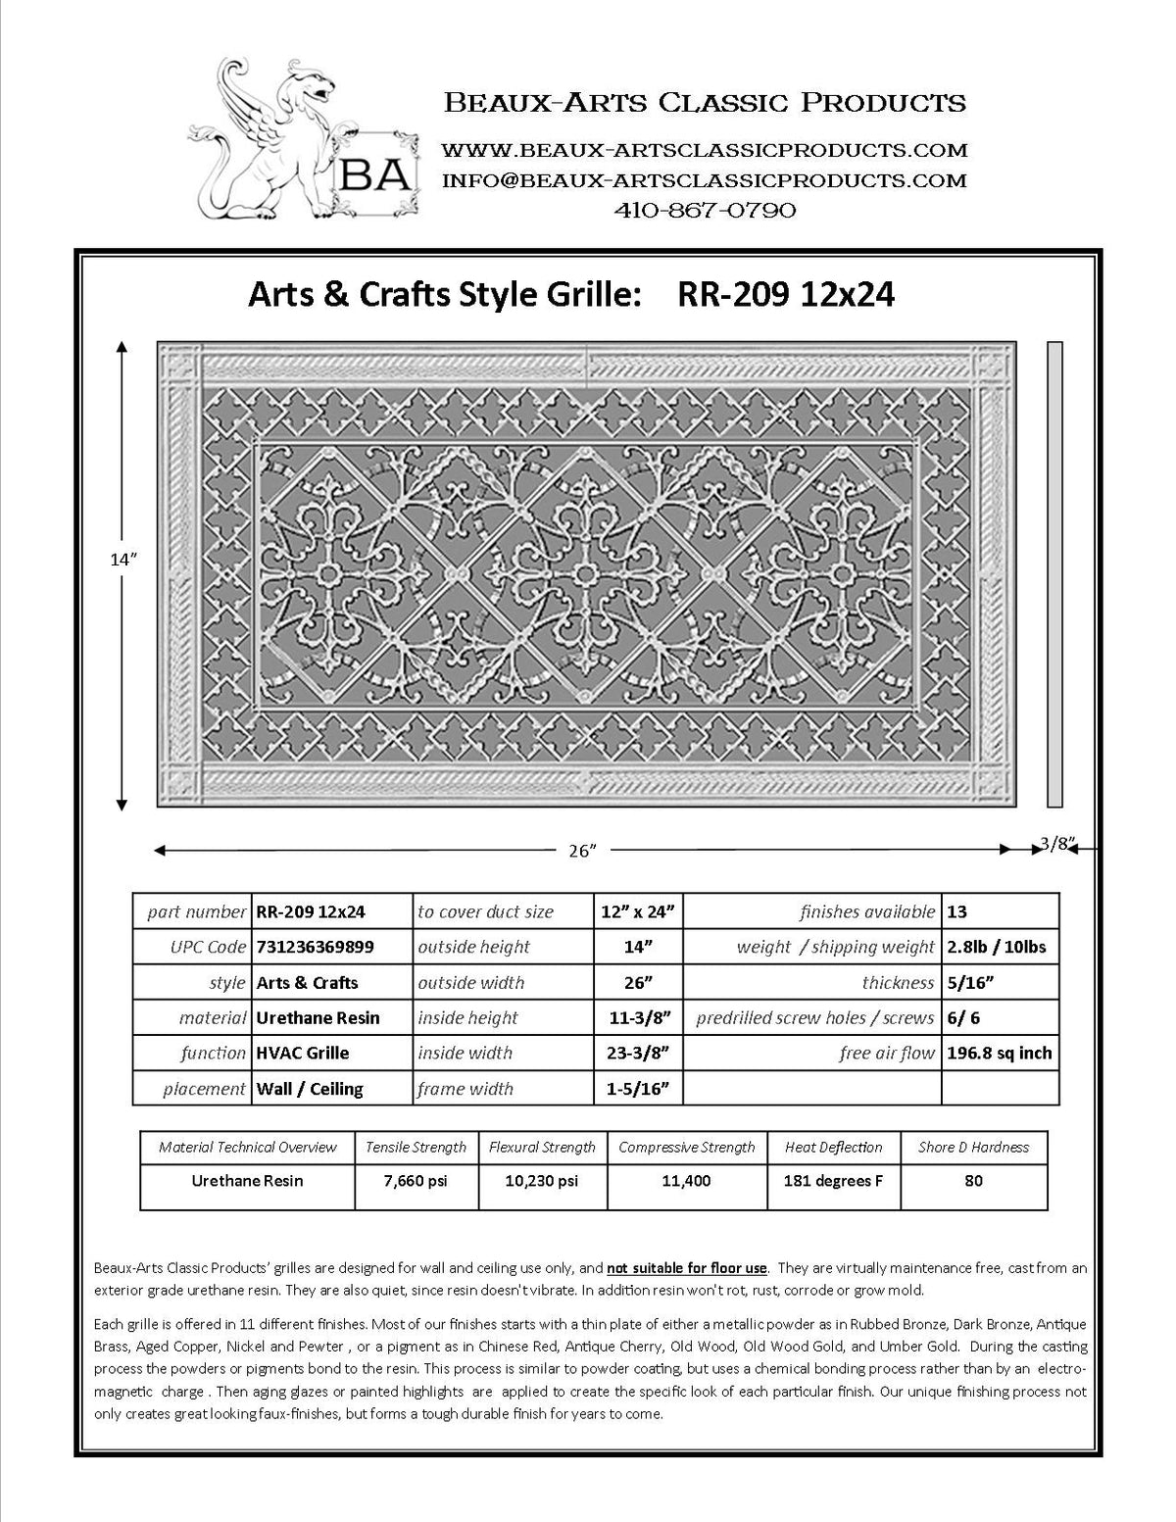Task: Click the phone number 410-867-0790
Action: pos(704,210)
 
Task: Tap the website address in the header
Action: pos(704,150)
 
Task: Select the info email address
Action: pos(704,180)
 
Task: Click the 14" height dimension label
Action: pos(122,560)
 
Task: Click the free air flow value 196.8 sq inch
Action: pos(1000,1053)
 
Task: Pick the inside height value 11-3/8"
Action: pos(638,1017)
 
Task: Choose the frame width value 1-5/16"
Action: pos(638,1088)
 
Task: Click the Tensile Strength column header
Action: pos(416,1147)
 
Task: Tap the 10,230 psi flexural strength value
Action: pos(542,1181)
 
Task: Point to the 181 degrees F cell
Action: pos(833,1181)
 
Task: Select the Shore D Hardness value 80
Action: pos(973,1181)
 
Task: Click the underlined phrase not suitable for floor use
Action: pos(687,1267)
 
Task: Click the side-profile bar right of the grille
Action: pos(1054,574)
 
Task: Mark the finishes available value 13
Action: pos(957,911)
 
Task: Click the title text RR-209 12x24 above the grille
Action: pos(786,294)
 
